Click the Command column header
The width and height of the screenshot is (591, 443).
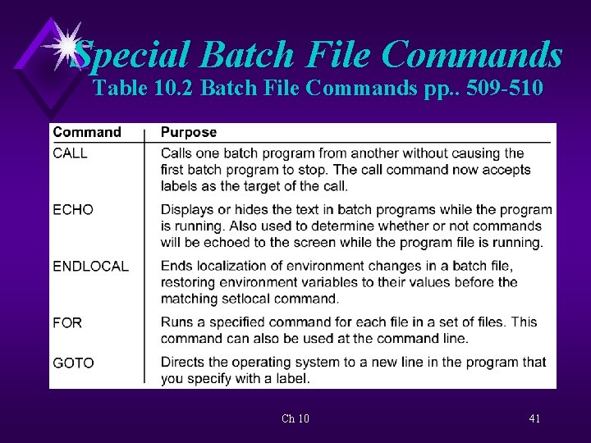click(87, 132)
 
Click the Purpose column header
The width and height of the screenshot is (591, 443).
click(189, 132)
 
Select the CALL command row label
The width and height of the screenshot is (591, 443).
click(71, 153)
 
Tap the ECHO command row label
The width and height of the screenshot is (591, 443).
click(73, 210)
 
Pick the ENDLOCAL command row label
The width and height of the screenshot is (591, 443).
click(90, 267)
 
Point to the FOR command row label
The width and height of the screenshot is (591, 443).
click(67, 323)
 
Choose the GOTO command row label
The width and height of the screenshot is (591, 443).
click(74, 363)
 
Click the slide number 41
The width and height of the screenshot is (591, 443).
click(534, 418)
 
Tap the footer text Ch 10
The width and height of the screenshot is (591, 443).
click(295, 418)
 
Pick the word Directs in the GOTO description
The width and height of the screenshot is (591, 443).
click(182, 363)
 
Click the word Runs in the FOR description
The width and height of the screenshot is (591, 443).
click(176, 323)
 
